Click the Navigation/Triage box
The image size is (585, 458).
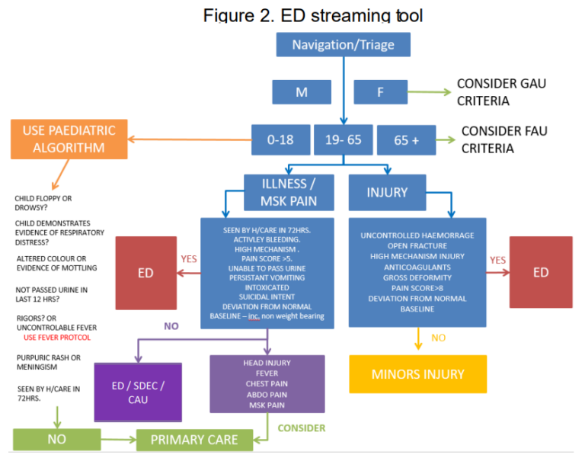point(343,45)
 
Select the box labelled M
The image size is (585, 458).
point(301,93)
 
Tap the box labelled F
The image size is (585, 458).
point(379,93)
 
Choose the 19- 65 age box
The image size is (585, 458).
point(343,139)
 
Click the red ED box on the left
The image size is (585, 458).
point(145,272)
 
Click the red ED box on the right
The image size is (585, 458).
point(540,272)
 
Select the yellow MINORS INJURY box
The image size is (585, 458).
point(417,374)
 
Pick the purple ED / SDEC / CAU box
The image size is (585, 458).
point(138,392)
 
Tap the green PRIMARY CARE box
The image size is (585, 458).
point(193,440)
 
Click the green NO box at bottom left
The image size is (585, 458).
point(56,440)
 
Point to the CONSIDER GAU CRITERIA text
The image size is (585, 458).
point(501,91)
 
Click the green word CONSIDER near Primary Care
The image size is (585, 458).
point(301,428)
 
